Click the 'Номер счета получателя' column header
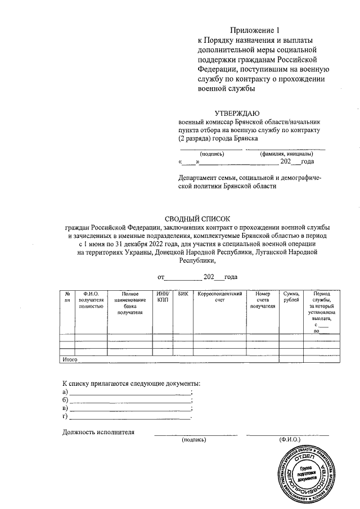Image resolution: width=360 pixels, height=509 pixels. [x=263, y=300]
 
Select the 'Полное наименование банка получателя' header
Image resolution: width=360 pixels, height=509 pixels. [x=130, y=303]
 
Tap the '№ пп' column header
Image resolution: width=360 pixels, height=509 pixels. [x=67, y=297]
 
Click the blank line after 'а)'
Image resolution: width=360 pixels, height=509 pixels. [x=130, y=391]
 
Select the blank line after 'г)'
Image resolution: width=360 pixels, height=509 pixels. [x=130, y=417]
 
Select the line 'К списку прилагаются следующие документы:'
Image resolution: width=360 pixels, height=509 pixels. [x=132, y=383]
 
